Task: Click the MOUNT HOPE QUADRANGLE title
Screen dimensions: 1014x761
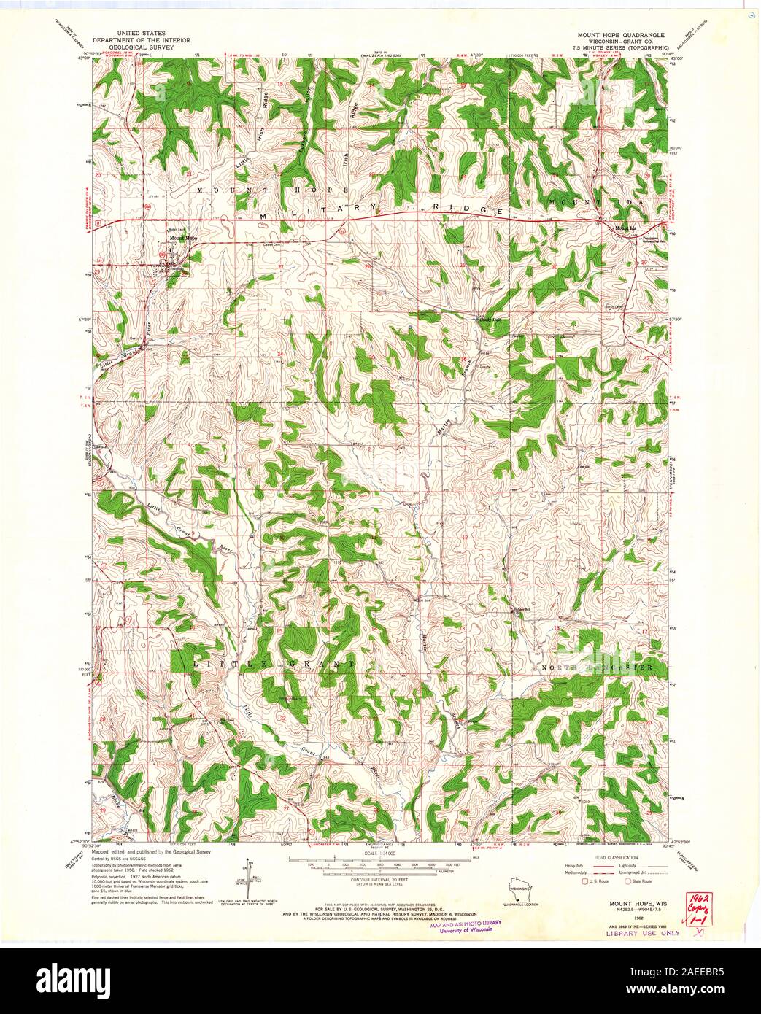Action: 621,34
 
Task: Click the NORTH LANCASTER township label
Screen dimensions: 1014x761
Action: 603,667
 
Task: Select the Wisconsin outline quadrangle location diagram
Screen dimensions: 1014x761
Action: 519,891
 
